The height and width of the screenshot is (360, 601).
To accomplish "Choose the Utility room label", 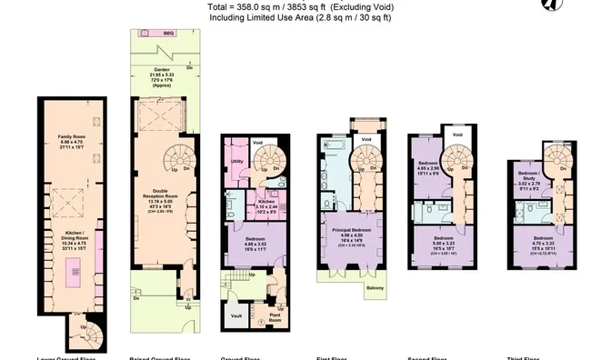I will click(x=235, y=160).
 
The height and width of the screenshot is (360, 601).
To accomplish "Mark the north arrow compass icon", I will click(x=574, y=5).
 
